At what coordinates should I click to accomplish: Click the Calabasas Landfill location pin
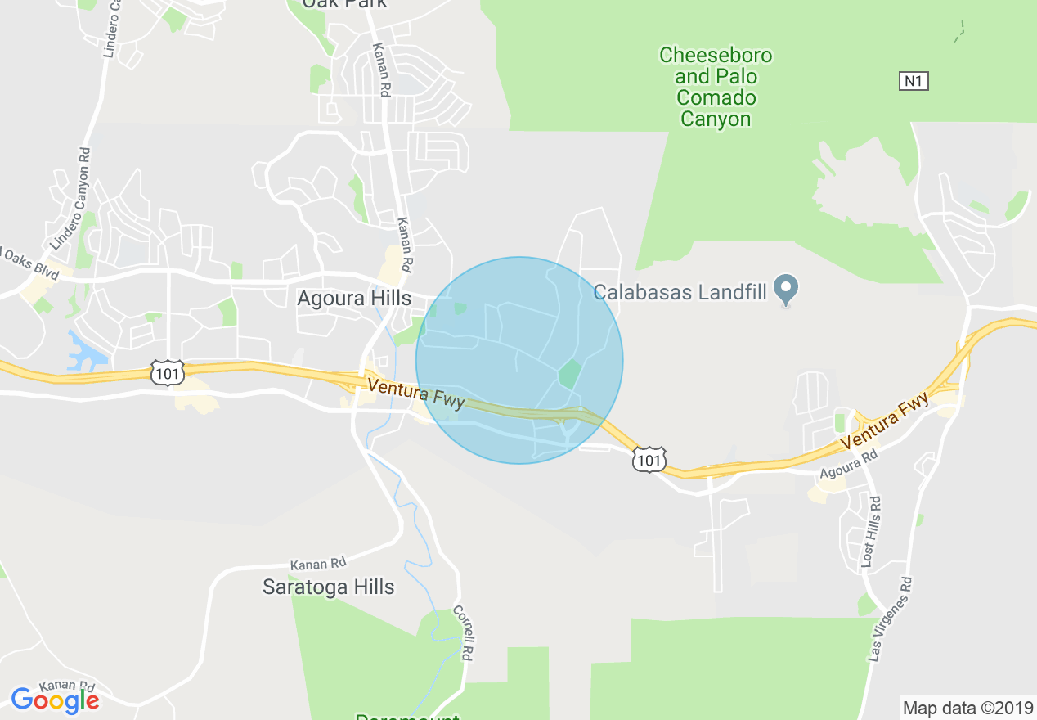pos(786,290)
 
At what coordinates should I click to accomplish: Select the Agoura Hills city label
pos(354,299)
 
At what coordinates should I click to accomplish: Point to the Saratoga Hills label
pos(328,587)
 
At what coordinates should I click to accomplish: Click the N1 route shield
pos(914,81)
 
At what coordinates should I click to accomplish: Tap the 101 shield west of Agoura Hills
pos(166,373)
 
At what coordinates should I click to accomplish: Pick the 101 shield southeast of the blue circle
pos(649,460)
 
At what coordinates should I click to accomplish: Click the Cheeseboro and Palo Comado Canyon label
pos(715,88)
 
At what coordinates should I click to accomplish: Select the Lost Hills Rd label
pos(869,533)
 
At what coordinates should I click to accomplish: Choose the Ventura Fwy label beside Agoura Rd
pos(886,421)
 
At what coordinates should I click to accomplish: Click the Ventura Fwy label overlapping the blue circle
pos(416,394)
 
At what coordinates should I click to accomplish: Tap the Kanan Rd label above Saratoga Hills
pos(318,565)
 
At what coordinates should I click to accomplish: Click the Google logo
pos(55,700)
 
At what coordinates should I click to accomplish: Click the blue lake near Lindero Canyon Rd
pos(85,353)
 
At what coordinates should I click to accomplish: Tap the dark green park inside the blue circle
pos(569,374)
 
